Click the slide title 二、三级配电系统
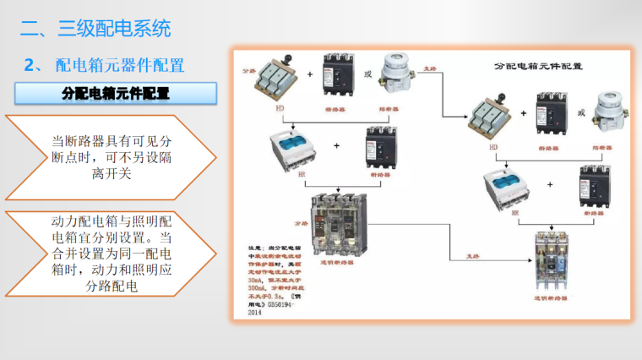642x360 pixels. (95, 29)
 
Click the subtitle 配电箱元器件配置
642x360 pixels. (119, 65)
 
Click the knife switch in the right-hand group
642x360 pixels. (491, 118)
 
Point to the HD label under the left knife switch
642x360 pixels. (280, 109)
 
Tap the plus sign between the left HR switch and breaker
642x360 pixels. (337, 146)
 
